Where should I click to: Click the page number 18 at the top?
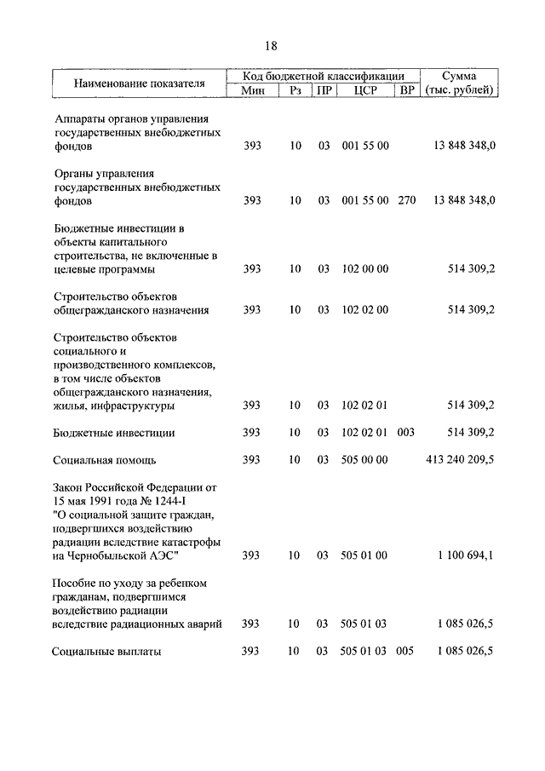click(x=271, y=46)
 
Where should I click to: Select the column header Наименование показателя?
click(x=139, y=83)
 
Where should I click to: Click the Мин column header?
click(x=252, y=90)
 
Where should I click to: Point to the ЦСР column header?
click(x=364, y=90)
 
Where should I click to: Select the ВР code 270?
click(x=406, y=200)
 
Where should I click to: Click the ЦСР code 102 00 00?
click(x=364, y=269)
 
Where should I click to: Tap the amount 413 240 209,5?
click(x=460, y=459)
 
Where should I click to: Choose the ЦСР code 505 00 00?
click(x=364, y=459)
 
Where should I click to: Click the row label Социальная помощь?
click(x=104, y=460)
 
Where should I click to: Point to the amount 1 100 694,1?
click(x=466, y=555)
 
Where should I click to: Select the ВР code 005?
click(x=406, y=652)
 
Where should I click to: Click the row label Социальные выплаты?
click(x=106, y=653)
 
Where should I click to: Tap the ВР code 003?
click(x=406, y=432)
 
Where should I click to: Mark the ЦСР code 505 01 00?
click(x=364, y=555)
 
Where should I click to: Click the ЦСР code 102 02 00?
click(x=364, y=310)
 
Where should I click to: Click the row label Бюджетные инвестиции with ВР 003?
click(x=113, y=433)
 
